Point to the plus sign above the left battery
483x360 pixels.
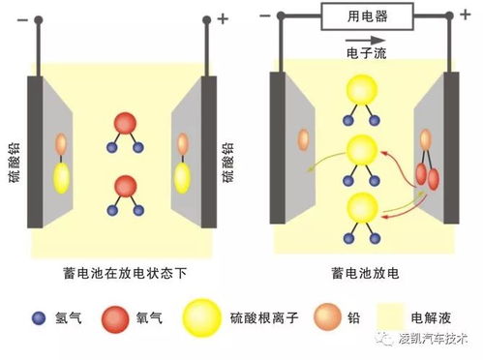click(x=225, y=17)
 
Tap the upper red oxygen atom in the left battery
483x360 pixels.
click(x=125, y=124)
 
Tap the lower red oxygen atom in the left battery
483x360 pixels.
click(x=125, y=185)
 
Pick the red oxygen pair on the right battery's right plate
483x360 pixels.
click(x=427, y=172)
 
